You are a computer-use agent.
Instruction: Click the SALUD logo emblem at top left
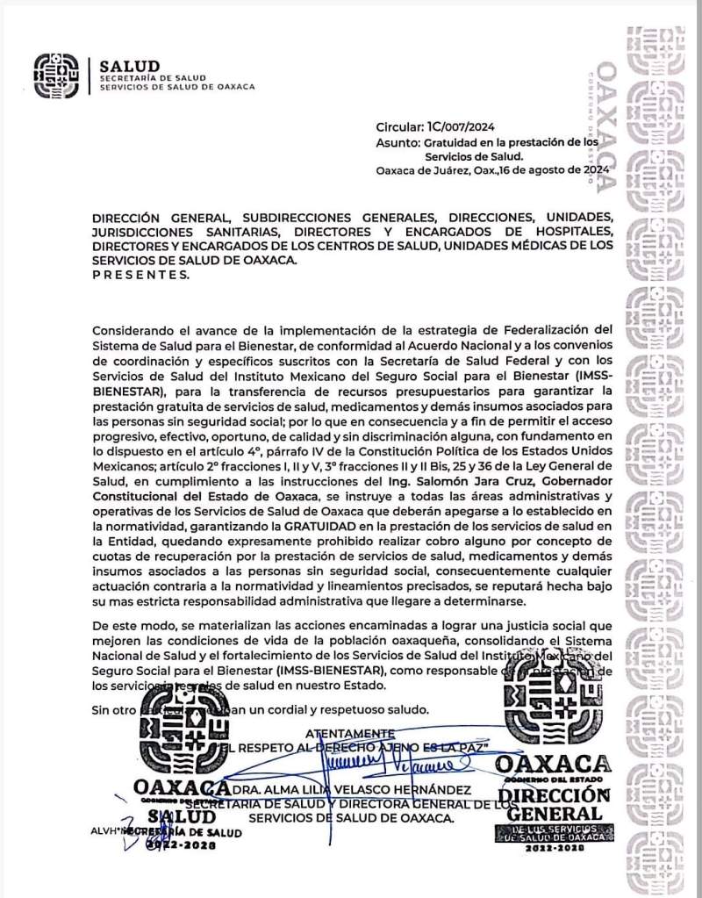[60, 76]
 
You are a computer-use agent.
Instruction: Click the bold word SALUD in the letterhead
[130, 66]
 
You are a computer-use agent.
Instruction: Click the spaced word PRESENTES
[140, 274]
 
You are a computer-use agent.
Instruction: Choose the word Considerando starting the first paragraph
[133, 329]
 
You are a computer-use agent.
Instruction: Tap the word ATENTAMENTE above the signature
[350, 732]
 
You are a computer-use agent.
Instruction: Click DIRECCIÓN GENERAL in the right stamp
[559, 803]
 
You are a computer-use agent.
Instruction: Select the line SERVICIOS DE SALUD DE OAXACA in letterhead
[176, 87]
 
